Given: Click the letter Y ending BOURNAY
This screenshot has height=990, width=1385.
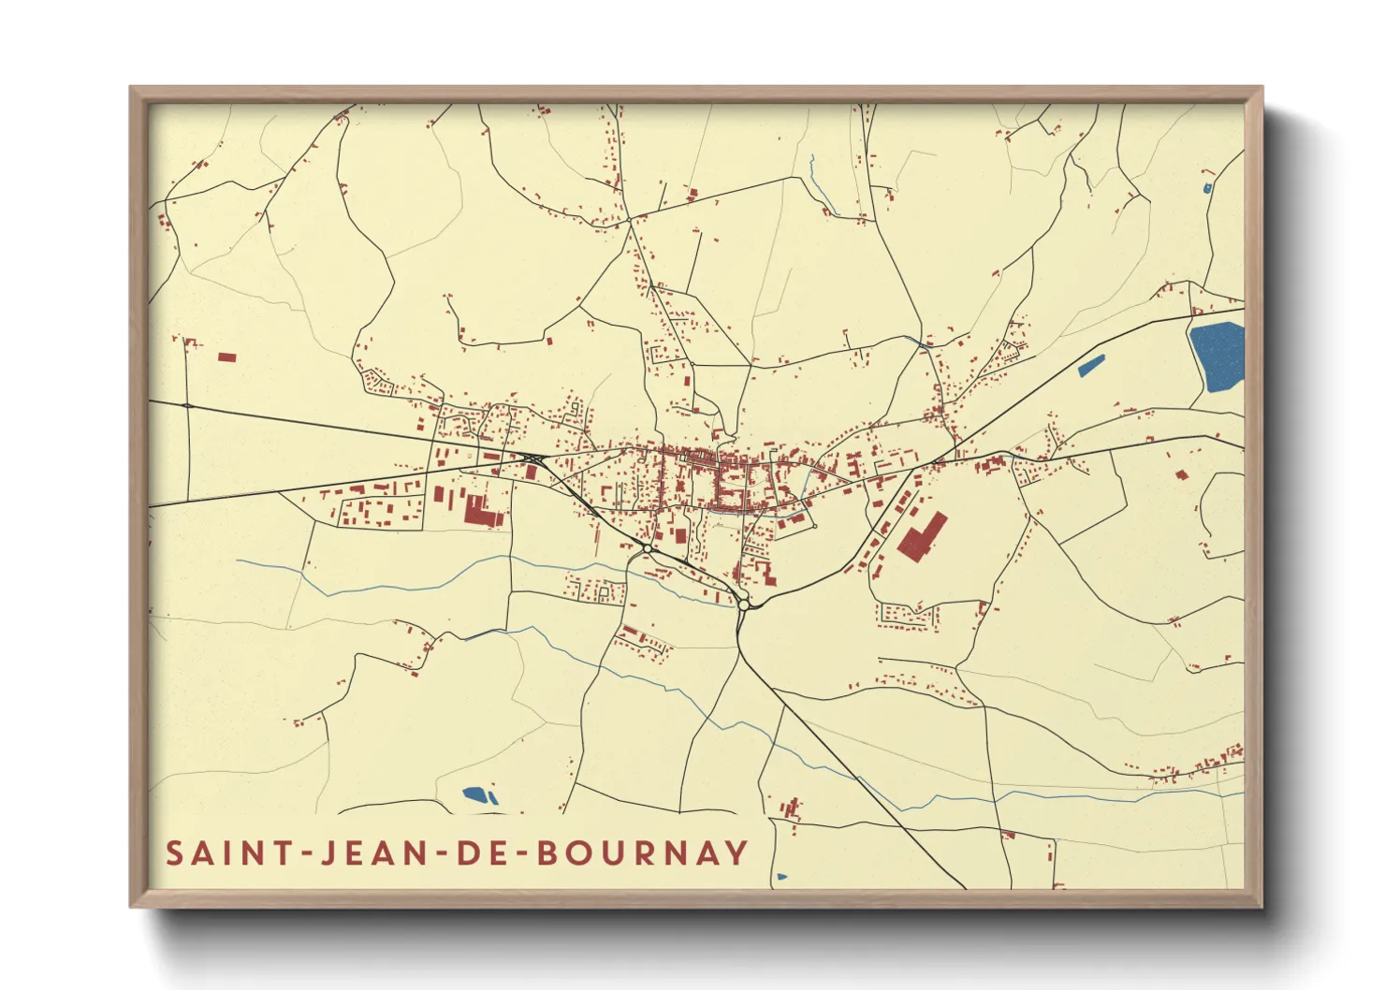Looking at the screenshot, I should click(737, 853).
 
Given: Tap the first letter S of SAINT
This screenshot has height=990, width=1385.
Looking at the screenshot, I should click(175, 853).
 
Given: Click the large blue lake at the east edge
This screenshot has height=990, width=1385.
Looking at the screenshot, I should click(1217, 357).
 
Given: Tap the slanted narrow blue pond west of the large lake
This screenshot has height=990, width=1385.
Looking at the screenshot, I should click(1091, 366).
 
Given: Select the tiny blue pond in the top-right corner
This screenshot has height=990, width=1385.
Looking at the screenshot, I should click(1207, 188).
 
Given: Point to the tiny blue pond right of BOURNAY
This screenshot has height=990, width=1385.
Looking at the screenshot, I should click(781, 877).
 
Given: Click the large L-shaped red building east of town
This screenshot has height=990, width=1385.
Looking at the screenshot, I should click(921, 536).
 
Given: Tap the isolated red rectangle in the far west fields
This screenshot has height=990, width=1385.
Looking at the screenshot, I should click(226, 357).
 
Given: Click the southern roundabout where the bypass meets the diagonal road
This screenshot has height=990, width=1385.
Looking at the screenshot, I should click(743, 604).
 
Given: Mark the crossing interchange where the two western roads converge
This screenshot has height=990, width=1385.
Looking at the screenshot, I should click(533, 458).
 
